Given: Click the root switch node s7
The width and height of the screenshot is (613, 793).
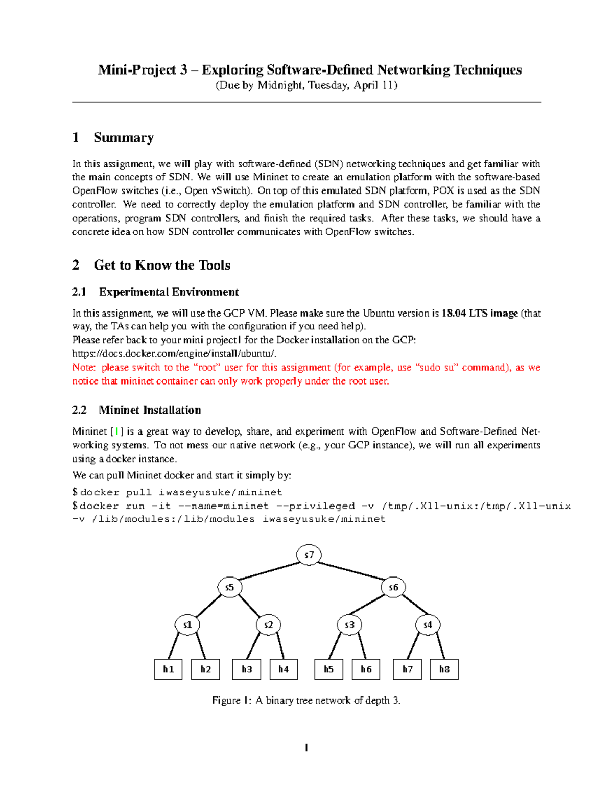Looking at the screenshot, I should (309, 555).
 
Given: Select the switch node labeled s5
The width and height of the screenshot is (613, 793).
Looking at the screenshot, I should (229, 587).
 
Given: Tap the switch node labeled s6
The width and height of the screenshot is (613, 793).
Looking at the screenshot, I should (393, 587).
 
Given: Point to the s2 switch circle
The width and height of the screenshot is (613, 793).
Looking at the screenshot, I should (268, 624).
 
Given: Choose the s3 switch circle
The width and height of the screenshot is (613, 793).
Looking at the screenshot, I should (349, 624).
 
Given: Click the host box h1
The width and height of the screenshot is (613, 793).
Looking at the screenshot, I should (168, 669).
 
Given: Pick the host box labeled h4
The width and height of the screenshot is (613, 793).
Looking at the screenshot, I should (284, 669).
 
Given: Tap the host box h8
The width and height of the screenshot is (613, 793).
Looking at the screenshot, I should (444, 669).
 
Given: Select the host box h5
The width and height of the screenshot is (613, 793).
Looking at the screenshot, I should (328, 669).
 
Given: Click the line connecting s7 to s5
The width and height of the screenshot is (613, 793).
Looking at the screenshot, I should (269, 571).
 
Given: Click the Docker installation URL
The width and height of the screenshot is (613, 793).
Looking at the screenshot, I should (175, 353).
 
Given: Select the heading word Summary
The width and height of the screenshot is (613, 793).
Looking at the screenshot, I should (124, 138).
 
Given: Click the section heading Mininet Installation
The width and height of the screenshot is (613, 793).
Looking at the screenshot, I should (149, 410).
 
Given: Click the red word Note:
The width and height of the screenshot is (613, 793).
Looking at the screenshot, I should (84, 367).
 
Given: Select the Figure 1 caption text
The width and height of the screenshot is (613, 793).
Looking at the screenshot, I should (306, 700).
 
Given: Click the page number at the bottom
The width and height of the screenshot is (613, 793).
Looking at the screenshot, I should (306, 748).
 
